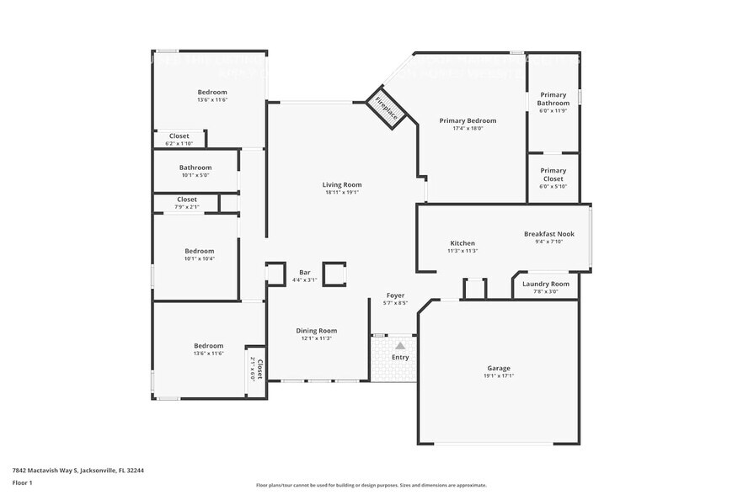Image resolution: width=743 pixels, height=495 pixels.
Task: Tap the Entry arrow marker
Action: pos(400,345)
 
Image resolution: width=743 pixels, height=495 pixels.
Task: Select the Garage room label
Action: pos(498,368)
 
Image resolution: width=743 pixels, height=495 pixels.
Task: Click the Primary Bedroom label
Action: pos(468,120)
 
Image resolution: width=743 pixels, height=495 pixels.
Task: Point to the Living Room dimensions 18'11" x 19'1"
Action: pos(342,193)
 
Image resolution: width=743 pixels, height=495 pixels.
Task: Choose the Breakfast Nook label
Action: pos(548,233)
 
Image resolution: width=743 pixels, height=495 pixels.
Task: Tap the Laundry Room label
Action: pos(545,284)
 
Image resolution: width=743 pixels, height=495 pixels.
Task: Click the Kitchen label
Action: pos(462,243)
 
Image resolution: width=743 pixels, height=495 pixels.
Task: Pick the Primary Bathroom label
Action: pos(553,99)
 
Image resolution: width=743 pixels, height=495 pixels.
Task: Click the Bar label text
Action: pos(305,272)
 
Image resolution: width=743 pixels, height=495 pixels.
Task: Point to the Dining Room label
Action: pos(316,331)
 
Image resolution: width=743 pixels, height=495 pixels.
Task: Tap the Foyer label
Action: pos(396,295)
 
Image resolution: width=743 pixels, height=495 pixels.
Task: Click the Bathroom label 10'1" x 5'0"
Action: pos(195,168)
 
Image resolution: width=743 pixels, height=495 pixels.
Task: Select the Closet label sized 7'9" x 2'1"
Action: pos(187,200)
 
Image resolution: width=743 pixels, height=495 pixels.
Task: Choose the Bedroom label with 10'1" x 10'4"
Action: pos(200,251)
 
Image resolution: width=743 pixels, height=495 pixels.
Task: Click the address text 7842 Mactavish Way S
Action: pos(72,471)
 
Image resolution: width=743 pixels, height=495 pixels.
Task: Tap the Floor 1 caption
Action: pos(22,483)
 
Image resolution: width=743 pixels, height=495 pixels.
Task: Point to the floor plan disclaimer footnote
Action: pos(371,485)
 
